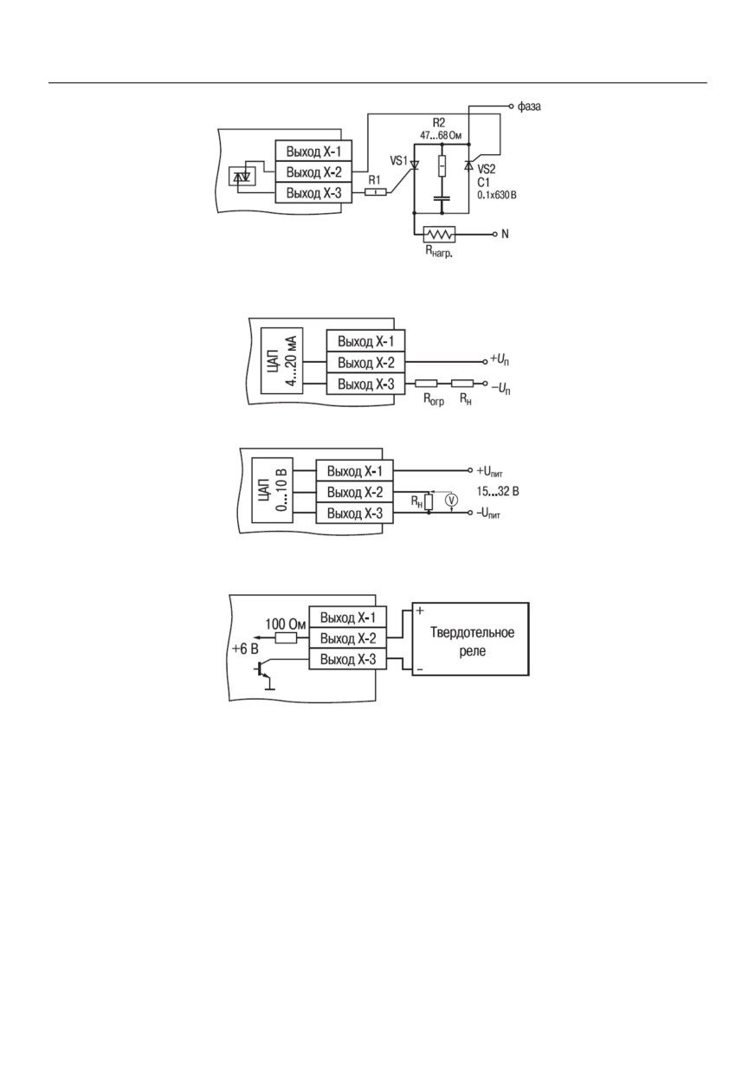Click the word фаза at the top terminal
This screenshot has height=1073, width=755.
coord(529,106)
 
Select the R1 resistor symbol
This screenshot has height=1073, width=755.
coord(377,192)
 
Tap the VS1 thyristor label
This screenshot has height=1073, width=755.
coord(398,160)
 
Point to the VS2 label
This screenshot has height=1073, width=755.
coord(487,169)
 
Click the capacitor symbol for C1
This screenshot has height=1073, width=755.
coord(442,199)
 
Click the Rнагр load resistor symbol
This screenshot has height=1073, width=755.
coord(439,234)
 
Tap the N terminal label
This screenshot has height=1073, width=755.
coord(505,234)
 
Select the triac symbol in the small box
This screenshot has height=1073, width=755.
coord(242,177)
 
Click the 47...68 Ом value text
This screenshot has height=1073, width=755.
coord(441,136)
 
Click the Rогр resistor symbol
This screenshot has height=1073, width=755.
coord(426,383)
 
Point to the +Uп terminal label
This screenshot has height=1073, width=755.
coord(500,360)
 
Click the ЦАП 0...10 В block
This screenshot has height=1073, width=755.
coord(272,490)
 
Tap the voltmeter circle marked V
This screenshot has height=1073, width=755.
coord(451,500)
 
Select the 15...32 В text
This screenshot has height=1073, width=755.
coord(498,492)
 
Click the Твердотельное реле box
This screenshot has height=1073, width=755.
coord(470,639)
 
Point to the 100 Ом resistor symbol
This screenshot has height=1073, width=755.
coord(286,638)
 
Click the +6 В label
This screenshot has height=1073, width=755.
coord(245,649)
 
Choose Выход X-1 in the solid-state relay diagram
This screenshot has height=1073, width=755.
coord(347,617)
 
